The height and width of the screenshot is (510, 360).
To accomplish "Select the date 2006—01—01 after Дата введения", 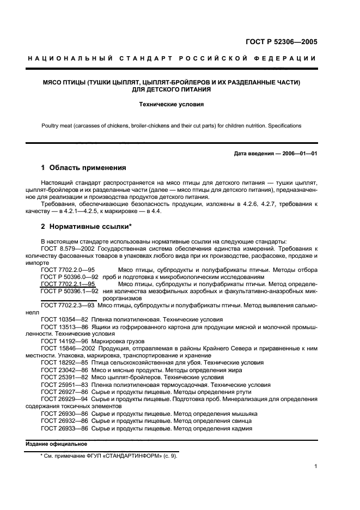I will click(298, 153).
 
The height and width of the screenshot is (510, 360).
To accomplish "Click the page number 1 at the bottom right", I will click(316, 466).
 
